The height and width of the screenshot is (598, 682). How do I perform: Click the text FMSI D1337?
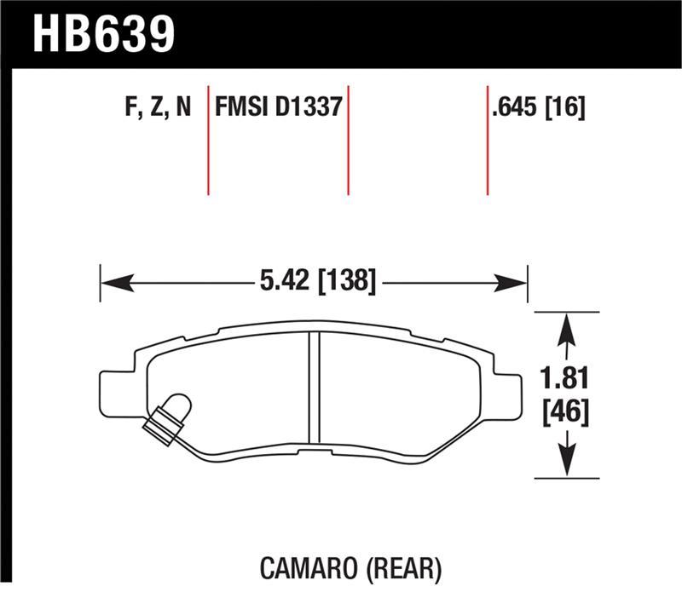279,108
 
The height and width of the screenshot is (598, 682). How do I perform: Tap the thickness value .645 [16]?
537,108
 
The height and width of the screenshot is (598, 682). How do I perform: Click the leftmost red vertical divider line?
208,141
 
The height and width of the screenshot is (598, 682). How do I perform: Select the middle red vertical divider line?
348,141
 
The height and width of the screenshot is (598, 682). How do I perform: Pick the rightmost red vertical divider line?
487,141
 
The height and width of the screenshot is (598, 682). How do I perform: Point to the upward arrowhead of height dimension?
564,324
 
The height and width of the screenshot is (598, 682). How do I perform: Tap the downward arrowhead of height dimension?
564,465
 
